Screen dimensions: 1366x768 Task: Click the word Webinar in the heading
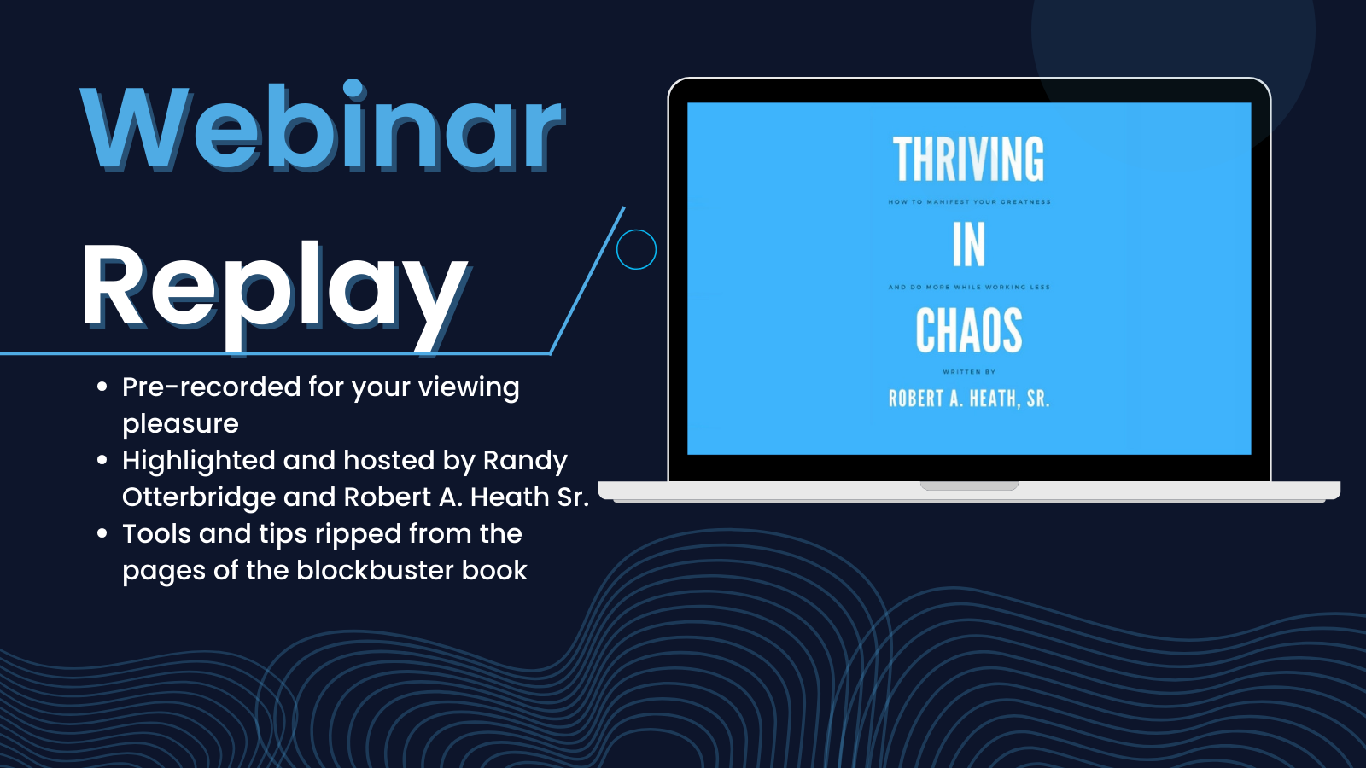tap(322, 126)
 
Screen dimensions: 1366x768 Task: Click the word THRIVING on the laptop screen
tap(968, 159)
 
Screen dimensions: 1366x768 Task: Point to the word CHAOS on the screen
tap(969, 330)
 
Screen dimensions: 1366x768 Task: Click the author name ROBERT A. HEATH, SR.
tap(969, 399)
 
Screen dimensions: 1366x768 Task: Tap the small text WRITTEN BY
tap(969, 372)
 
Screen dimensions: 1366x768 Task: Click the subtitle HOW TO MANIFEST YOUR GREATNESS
tap(969, 201)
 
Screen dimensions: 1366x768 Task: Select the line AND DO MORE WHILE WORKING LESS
tap(969, 287)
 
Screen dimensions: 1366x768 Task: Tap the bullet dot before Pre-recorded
tap(102, 387)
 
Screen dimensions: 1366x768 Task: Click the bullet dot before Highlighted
tap(102, 460)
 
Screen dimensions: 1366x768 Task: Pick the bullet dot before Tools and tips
tap(102, 533)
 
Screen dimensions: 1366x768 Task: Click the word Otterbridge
tap(199, 497)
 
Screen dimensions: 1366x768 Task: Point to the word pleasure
tap(180, 424)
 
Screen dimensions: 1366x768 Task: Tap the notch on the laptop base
tap(969, 486)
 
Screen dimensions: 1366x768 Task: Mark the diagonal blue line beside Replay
tap(587, 281)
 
